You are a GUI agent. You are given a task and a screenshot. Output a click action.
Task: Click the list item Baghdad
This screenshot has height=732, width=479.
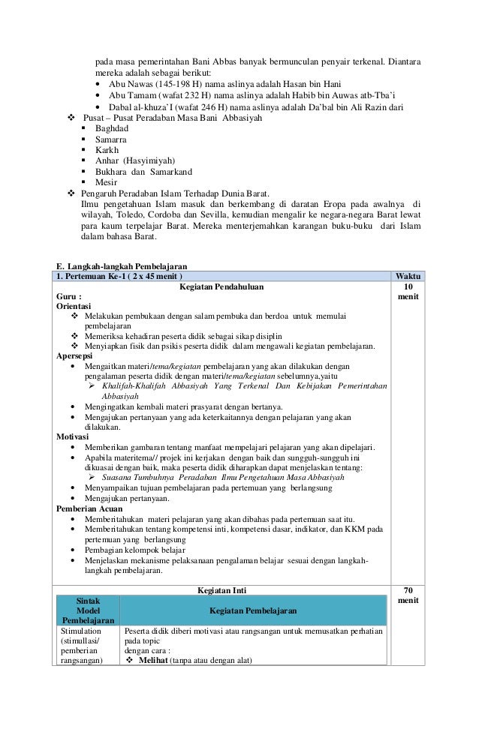[x=112, y=129]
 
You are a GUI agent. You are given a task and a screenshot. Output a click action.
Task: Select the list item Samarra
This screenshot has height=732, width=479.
[x=111, y=139]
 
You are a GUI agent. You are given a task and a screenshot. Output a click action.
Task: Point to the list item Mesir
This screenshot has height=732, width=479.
[x=107, y=181]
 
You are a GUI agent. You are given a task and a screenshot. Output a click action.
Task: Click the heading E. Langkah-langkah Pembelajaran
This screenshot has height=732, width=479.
[x=122, y=265]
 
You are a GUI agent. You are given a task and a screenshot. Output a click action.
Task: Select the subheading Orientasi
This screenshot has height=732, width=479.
[x=74, y=307]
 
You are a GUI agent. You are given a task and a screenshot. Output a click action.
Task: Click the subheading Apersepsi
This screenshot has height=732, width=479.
[x=75, y=355]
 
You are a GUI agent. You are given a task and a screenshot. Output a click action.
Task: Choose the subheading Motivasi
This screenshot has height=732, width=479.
[x=73, y=436]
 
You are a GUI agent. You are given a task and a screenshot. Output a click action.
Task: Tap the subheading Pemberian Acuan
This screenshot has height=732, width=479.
[x=90, y=508]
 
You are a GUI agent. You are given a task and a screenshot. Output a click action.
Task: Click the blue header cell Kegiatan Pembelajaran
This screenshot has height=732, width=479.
[x=252, y=611]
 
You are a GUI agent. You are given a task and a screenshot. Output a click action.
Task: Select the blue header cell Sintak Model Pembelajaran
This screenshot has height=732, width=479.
[x=89, y=610]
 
